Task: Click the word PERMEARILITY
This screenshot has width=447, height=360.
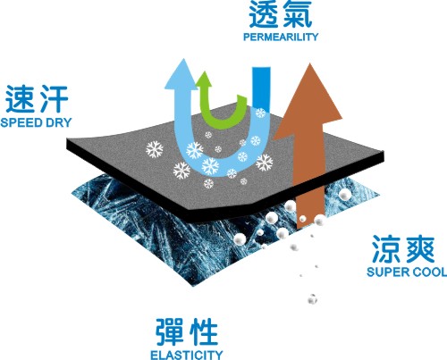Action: coord(281,37)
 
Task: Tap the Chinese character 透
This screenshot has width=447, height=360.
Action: coord(263,14)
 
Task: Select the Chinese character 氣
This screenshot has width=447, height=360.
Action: coord(298,14)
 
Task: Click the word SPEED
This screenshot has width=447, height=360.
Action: coord(21,122)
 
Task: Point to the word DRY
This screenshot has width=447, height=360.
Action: coord(59,122)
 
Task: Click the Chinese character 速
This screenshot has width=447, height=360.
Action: coord(20,99)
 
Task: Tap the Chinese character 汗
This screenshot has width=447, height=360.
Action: coord(55,99)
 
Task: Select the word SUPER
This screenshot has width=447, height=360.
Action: coord(384,272)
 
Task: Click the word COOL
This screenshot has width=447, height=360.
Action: coord(426,272)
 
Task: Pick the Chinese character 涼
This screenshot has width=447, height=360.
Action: coord(385,249)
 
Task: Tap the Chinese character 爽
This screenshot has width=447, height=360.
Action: coord(420,249)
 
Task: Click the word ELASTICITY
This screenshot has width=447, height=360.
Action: coord(187,355)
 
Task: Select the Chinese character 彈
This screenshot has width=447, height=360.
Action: coord(169,331)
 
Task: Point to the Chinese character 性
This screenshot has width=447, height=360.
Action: coord(204,331)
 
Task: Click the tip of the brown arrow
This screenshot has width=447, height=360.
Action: coord(310,63)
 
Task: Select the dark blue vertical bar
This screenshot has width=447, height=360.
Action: coord(261,89)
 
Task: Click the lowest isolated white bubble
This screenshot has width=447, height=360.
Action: coord(312,299)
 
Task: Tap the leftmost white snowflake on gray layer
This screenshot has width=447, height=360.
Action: coord(155,149)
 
